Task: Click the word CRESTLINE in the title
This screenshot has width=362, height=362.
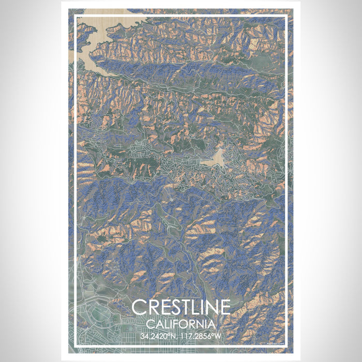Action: click(x=181, y=307)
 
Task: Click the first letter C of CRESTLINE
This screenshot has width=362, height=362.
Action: click(x=139, y=307)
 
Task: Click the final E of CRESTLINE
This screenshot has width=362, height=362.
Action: click(x=224, y=307)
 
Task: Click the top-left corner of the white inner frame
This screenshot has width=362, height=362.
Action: click(x=76, y=17)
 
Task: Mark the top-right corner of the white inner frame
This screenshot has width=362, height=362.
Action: click(x=286, y=17)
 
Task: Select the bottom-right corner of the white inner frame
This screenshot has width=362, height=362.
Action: click(x=286, y=345)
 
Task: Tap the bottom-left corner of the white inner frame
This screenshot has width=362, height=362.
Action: click(x=76, y=345)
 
